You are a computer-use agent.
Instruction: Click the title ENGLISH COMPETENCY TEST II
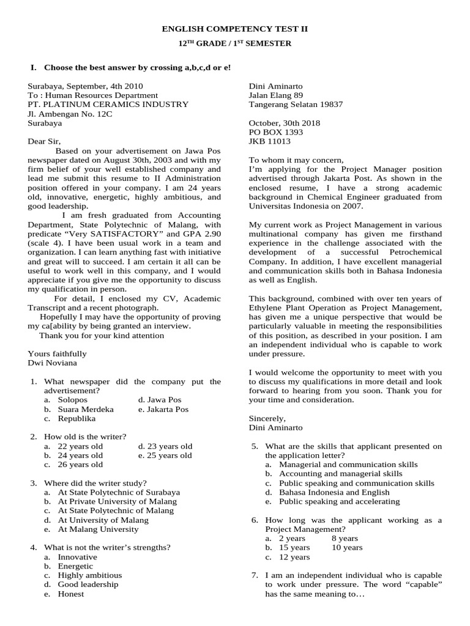pyautogui.click(x=235, y=29)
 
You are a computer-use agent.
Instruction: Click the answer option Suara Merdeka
pyautogui.click(x=86, y=409)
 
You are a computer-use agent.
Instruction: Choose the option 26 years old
pyautogui.click(x=80, y=465)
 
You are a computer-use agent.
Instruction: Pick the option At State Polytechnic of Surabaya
pyautogui.click(x=119, y=492)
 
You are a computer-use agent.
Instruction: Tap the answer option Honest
pyautogui.click(x=71, y=594)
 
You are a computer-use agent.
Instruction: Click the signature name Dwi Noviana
pyautogui.click(x=53, y=363)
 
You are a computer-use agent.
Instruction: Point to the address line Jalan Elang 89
pyautogui.click(x=275, y=95)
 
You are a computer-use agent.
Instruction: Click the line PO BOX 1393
pyautogui.click(x=275, y=132)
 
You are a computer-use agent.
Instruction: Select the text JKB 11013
pyautogui.click(x=269, y=141)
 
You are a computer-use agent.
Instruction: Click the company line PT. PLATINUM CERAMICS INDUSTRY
pyautogui.click(x=108, y=105)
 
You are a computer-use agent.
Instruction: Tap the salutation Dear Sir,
pyautogui.click(x=45, y=141)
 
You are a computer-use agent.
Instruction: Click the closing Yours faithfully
pyautogui.click(x=58, y=353)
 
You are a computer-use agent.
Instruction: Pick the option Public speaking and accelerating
pyautogui.click(x=339, y=501)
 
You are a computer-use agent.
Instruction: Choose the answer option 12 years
pyautogui.click(x=294, y=557)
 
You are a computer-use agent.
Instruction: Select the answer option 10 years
pyautogui.click(x=347, y=548)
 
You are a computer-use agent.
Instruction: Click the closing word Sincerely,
pyautogui.click(x=267, y=418)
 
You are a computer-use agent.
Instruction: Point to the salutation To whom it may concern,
pyautogui.click(x=297, y=160)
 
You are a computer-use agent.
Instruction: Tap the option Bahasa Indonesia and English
pyautogui.click(x=334, y=492)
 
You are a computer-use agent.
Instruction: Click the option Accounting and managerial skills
pyautogui.click(x=341, y=474)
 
